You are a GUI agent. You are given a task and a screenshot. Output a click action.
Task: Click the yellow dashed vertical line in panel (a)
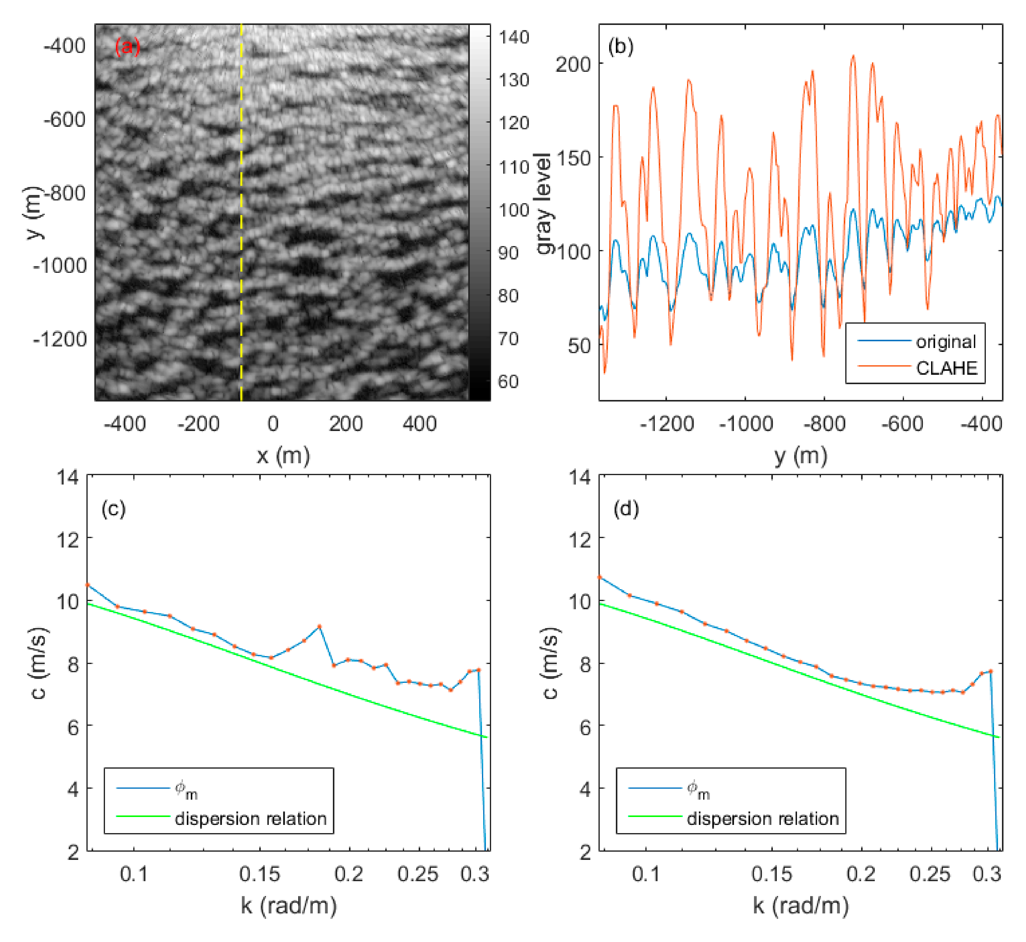(241, 214)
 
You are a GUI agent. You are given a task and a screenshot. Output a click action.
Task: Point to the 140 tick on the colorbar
(514, 37)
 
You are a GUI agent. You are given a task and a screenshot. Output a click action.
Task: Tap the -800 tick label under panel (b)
(824, 424)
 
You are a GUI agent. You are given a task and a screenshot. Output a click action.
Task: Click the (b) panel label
(621, 47)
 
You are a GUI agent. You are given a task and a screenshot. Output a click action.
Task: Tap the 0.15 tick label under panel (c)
(260, 874)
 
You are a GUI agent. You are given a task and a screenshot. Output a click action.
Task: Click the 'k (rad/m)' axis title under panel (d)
(801, 906)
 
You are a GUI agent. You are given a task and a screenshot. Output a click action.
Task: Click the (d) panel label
(626, 509)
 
